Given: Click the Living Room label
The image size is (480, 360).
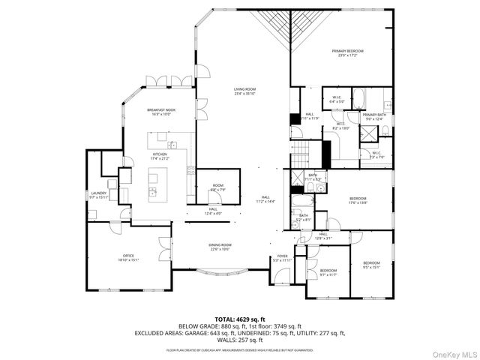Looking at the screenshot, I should (x=244, y=91).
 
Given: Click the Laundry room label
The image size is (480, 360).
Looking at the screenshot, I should (x=98, y=195).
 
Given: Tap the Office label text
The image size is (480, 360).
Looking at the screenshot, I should (x=125, y=258).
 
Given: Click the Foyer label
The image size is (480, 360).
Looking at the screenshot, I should (x=282, y=258).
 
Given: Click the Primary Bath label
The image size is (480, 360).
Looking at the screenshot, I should (x=373, y=116).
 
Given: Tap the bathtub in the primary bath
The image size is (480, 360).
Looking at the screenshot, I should (x=358, y=97).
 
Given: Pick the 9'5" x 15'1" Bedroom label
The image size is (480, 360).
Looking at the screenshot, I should (x=371, y=264).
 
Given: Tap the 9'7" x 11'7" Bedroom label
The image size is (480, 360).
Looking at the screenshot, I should (x=328, y=271).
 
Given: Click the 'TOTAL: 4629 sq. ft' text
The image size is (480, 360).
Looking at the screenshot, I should (x=239, y=319).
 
